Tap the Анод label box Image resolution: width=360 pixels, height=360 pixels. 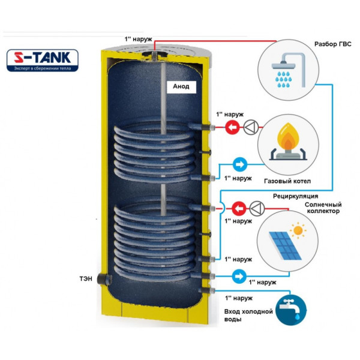tap(181, 86)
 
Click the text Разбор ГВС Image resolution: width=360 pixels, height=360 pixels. tap(332, 44)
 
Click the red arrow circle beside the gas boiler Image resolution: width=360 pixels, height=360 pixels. tap(232, 127)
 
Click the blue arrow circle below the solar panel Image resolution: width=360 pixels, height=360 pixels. tap(239, 276)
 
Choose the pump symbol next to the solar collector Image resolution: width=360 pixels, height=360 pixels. tap(257, 208)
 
